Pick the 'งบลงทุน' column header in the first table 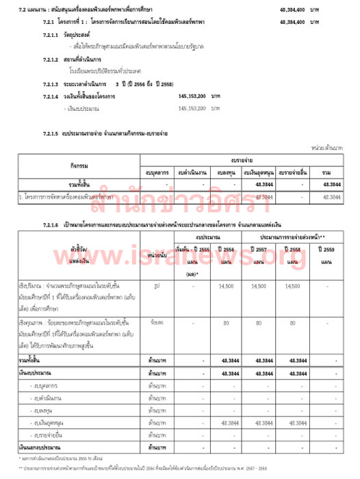tap(224, 171)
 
